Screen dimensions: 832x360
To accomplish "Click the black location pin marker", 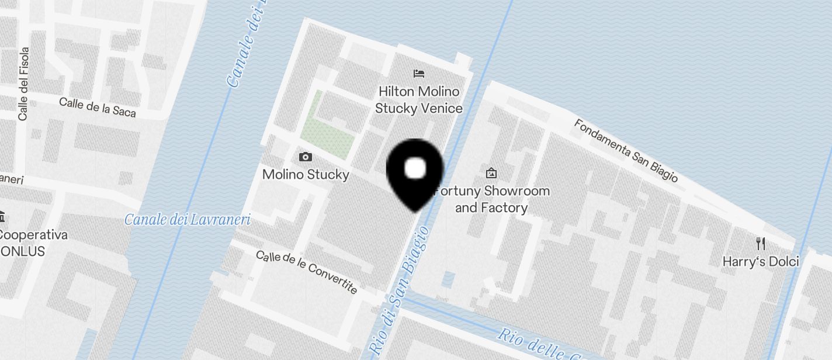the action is [415, 172].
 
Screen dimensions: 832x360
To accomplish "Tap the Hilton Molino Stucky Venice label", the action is [418, 100].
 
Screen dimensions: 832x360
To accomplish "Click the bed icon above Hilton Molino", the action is [419, 74].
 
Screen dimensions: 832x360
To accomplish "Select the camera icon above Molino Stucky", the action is [305, 157].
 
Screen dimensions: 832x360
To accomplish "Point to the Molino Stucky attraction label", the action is [306, 174].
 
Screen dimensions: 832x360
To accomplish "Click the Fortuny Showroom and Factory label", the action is [491, 199].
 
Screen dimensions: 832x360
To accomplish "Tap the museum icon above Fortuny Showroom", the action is [491, 173].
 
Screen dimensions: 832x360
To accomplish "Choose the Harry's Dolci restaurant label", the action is [760, 261].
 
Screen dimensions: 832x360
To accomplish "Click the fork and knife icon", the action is [760, 243].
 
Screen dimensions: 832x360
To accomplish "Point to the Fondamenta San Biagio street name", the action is [625, 150].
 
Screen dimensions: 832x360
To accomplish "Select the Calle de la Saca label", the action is [98, 108].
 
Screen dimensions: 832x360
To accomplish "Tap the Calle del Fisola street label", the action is [23, 84].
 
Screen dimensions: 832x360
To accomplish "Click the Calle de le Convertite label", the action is [307, 272].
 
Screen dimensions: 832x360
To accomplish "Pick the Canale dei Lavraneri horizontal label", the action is [188, 220].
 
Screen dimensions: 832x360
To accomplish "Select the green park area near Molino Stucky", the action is [327, 129].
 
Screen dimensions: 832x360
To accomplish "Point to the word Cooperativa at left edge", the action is [33, 235].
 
